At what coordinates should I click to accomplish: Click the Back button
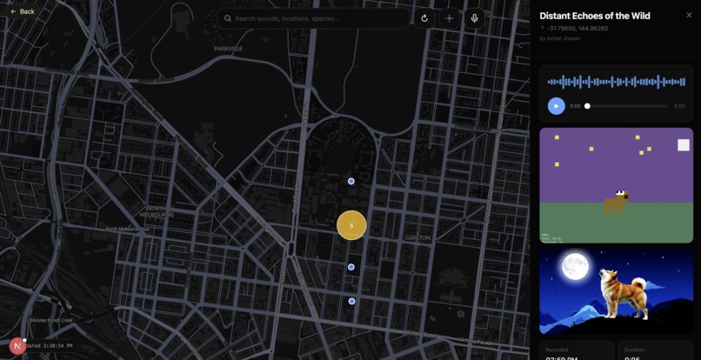point(23,11)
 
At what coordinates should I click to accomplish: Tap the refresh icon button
point(424,18)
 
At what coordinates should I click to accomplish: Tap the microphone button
point(474,18)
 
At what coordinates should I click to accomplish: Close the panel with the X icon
point(689,15)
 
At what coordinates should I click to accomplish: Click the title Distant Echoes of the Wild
point(594,16)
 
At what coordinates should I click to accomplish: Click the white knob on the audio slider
point(587,106)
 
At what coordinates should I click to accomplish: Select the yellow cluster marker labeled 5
point(351,225)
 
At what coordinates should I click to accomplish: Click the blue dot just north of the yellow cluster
point(351,181)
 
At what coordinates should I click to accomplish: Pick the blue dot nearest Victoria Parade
point(351,301)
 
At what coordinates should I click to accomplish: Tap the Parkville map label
point(228,49)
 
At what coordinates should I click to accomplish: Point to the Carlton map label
point(417,237)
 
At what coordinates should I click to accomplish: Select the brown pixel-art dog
point(616,203)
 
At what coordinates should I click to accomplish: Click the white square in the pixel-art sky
point(684,145)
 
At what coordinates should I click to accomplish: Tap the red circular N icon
point(17,346)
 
